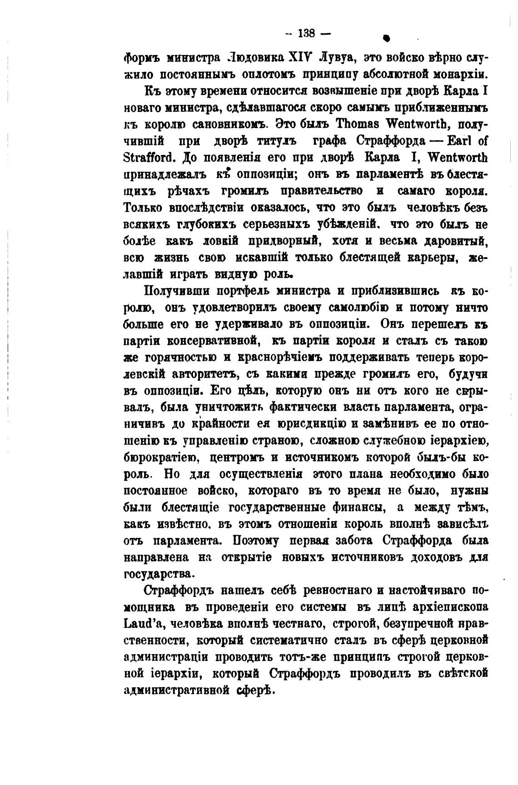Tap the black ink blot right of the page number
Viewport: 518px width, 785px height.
[x=386, y=39]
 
